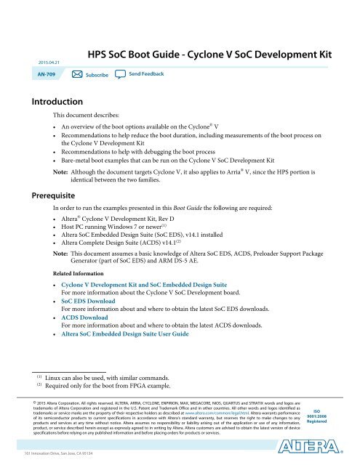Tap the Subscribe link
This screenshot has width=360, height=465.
pos(96,76)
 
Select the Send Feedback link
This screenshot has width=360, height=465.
pos(145,75)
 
